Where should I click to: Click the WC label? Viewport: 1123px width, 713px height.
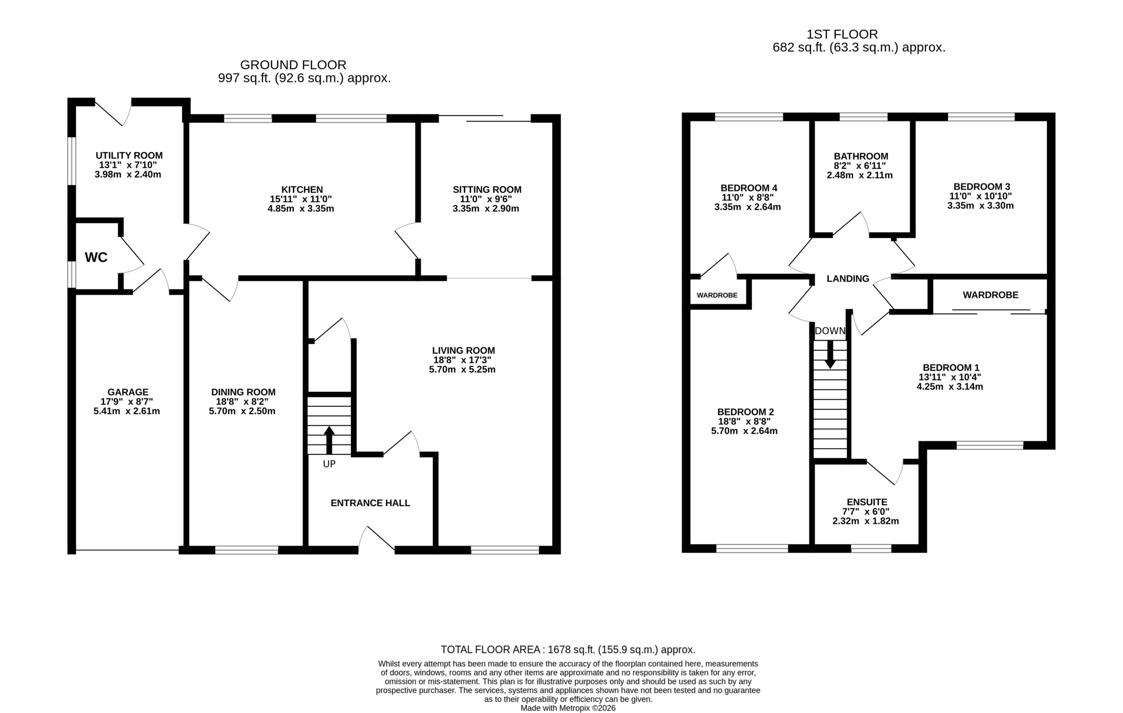(x=96, y=257)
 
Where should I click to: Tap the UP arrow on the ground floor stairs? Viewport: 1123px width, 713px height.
(x=329, y=440)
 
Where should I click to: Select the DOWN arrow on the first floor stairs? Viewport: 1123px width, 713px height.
(x=830, y=355)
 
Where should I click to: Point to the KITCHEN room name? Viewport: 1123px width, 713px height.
(x=302, y=189)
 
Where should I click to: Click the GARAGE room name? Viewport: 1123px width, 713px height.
(x=128, y=392)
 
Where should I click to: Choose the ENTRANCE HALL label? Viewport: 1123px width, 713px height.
(x=370, y=503)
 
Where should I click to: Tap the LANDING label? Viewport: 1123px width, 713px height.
(x=848, y=279)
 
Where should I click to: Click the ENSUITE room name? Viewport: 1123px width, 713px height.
(x=867, y=502)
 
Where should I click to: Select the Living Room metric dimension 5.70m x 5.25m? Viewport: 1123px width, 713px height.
(x=462, y=370)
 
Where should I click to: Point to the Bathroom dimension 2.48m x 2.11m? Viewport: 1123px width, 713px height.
(x=859, y=175)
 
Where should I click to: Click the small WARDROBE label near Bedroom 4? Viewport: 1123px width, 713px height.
(x=717, y=295)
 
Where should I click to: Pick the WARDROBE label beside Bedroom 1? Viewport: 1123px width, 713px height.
(x=991, y=295)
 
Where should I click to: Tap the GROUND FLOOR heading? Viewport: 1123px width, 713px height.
(x=293, y=65)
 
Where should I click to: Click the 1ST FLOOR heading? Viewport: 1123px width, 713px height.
(x=842, y=34)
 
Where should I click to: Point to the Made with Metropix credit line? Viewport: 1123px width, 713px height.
(x=568, y=708)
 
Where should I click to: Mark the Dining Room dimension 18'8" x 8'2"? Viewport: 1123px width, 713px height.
(x=242, y=402)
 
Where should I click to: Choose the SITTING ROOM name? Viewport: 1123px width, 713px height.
(x=487, y=189)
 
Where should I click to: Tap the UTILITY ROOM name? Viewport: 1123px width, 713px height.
(x=129, y=155)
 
